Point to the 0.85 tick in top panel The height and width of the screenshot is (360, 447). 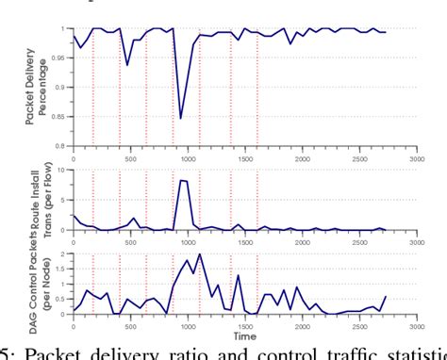pyautogui.click(x=63, y=117)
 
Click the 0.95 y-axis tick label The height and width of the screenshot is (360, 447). pyautogui.click(x=63, y=58)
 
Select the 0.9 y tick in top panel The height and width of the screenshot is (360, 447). pyautogui.click(x=64, y=88)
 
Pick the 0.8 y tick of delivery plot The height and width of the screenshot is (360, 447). pyautogui.click(x=64, y=146)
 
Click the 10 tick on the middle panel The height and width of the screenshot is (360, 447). pyautogui.click(x=65, y=171)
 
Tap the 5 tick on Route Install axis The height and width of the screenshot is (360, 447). pyautogui.click(x=67, y=200)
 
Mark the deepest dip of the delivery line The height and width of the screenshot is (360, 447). pyautogui.click(x=181, y=119)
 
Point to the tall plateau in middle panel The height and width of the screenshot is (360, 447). pyautogui.click(x=184, y=180)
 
